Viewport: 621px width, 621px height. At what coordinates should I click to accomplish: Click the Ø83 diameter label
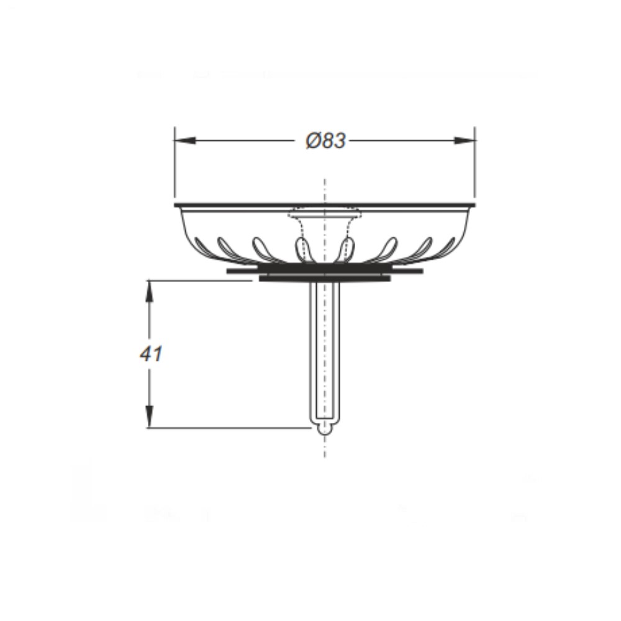tap(326, 140)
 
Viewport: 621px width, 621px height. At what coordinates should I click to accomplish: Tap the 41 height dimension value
tap(151, 354)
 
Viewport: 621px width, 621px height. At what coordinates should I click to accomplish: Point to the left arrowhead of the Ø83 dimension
tap(184, 140)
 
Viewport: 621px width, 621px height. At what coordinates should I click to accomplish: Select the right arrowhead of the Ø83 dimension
tap(465, 140)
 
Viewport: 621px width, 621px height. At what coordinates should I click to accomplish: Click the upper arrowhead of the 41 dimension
tap(149, 291)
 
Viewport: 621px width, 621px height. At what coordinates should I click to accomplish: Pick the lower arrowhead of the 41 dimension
tap(149, 417)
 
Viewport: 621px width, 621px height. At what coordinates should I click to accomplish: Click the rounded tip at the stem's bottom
tap(325, 429)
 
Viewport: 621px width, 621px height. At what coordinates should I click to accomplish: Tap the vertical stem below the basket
tap(325, 353)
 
